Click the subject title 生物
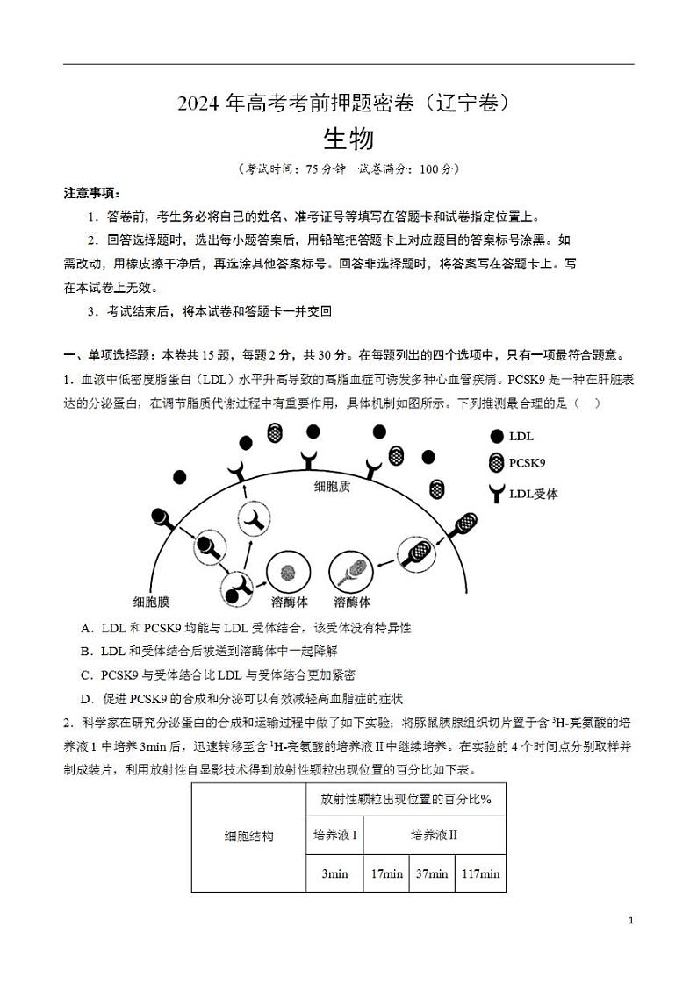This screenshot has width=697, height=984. pyautogui.click(x=348, y=139)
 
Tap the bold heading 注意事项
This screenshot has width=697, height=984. pyautogui.click(x=91, y=193)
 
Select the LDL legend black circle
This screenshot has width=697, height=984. pyautogui.click(x=497, y=436)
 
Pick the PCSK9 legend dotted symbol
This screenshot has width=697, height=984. pyautogui.click(x=497, y=463)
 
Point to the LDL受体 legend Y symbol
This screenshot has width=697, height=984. pyautogui.click(x=497, y=494)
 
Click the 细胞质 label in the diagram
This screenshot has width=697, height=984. pyautogui.click(x=332, y=486)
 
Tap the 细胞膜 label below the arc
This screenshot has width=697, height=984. pyautogui.click(x=151, y=602)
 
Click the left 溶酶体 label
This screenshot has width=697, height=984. pyautogui.click(x=290, y=602)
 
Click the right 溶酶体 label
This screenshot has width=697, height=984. pyautogui.click(x=352, y=602)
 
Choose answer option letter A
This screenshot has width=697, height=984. pyautogui.click(x=85, y=628)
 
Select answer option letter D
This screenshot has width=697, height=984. pyautogui.click(x=85, y=698)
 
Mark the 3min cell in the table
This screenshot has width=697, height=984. pyautogui.click(x=334, y=873)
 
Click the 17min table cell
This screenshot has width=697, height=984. pyautogui.click(x=386, y=873)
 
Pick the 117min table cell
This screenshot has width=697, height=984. pyautogui.click(x=480, y=873)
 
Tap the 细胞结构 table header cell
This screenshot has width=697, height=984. pyautogui.click(x=249, y=836)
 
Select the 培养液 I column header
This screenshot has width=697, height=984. pyautogui.click(x=334, y=835)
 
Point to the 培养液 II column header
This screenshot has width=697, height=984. pyautogui.click(x=435, y=835)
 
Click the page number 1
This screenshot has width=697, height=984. pyautogui.click(x=632, y=921)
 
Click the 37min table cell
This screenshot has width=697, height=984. pyautogui.click(x=432, y=873)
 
